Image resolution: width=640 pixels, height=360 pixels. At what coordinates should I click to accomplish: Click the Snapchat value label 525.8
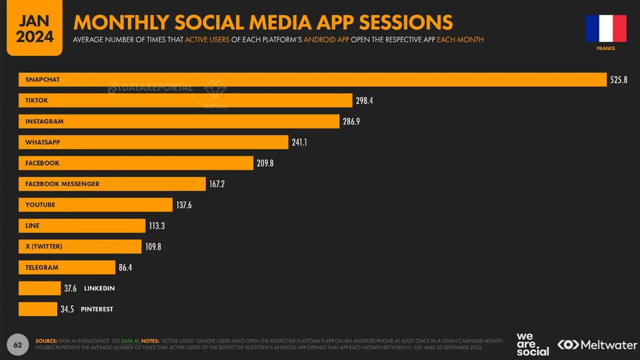[618, 80]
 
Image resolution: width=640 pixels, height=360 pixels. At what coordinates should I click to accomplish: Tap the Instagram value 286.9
[351, 121]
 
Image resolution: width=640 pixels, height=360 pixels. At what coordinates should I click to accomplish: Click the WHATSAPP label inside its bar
[43, 142]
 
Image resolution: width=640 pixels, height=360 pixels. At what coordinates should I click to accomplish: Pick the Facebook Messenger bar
[112, 184]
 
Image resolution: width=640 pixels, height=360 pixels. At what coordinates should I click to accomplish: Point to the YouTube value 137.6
[184, 205]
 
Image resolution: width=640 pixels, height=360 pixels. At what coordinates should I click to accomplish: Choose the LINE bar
[82, 225]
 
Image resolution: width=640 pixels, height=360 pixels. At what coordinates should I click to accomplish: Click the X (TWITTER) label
[44, 247]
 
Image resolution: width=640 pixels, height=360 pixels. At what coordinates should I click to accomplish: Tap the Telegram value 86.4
[126, 268]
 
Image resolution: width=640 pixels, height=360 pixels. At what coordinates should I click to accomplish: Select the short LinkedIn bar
[39, 288]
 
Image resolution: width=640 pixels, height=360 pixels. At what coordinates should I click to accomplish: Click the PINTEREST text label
[97, 309]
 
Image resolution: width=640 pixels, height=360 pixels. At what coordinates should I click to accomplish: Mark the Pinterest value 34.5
[67, 309]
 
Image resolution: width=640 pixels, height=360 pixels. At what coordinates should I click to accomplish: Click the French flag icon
[606, 28]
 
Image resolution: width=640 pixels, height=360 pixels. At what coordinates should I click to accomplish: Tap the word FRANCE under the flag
[606, 48]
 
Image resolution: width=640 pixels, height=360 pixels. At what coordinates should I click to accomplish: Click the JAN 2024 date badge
[34, 28]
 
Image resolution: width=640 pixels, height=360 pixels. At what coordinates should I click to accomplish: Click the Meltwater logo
[597, 345]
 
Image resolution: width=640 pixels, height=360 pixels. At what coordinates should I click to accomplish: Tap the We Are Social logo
[532, 345]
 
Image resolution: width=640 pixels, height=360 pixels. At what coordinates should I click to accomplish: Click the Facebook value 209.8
[265, 163]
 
